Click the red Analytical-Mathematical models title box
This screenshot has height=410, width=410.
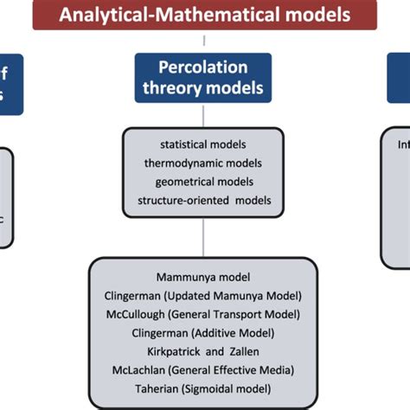coord(204,15)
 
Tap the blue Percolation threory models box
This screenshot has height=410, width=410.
coord(203,78)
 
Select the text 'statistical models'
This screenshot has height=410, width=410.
coord(203,144)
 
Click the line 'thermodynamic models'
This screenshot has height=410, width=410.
coord(203,163)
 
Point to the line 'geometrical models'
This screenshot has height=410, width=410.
coord(203,182)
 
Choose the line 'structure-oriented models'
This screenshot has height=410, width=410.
coord(203,201)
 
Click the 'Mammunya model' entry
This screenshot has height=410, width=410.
coord(203,277)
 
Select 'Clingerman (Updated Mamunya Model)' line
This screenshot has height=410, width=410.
coord(203,295)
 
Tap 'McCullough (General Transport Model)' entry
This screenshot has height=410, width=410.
coord(203,313)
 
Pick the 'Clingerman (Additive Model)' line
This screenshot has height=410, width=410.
coord(203,331)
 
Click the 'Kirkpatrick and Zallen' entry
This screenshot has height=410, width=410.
coord(203,350)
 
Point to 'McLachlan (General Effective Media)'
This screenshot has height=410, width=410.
coord(203,369)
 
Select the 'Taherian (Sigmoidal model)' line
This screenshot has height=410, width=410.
coord(203,388)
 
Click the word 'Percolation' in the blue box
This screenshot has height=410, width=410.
coord(203,67)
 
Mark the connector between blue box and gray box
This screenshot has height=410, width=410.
coord(203,115)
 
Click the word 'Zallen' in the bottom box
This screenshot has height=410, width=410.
coord(244,350)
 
